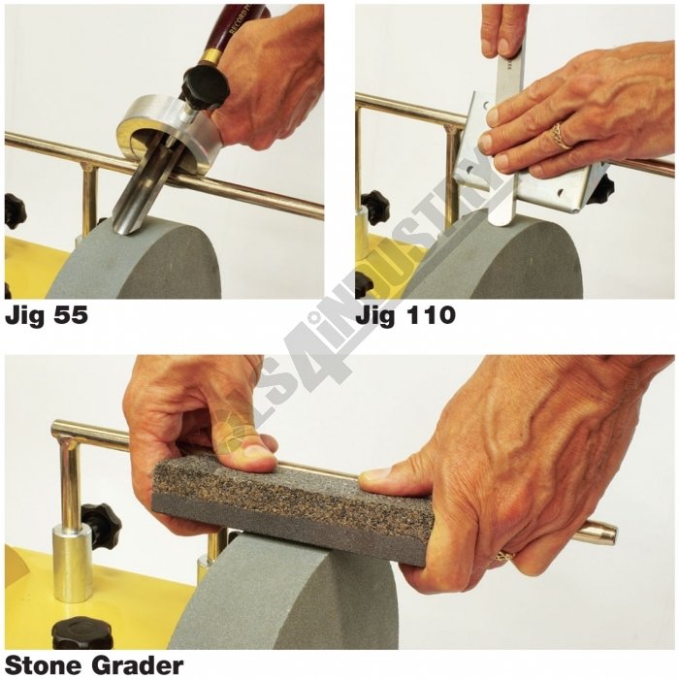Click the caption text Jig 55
(47, 316)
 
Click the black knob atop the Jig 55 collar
(204, 87)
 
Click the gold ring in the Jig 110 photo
(561, 136)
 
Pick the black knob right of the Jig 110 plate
(600, 189)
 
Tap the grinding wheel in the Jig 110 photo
(504, 262)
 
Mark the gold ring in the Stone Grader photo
(504, 557)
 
